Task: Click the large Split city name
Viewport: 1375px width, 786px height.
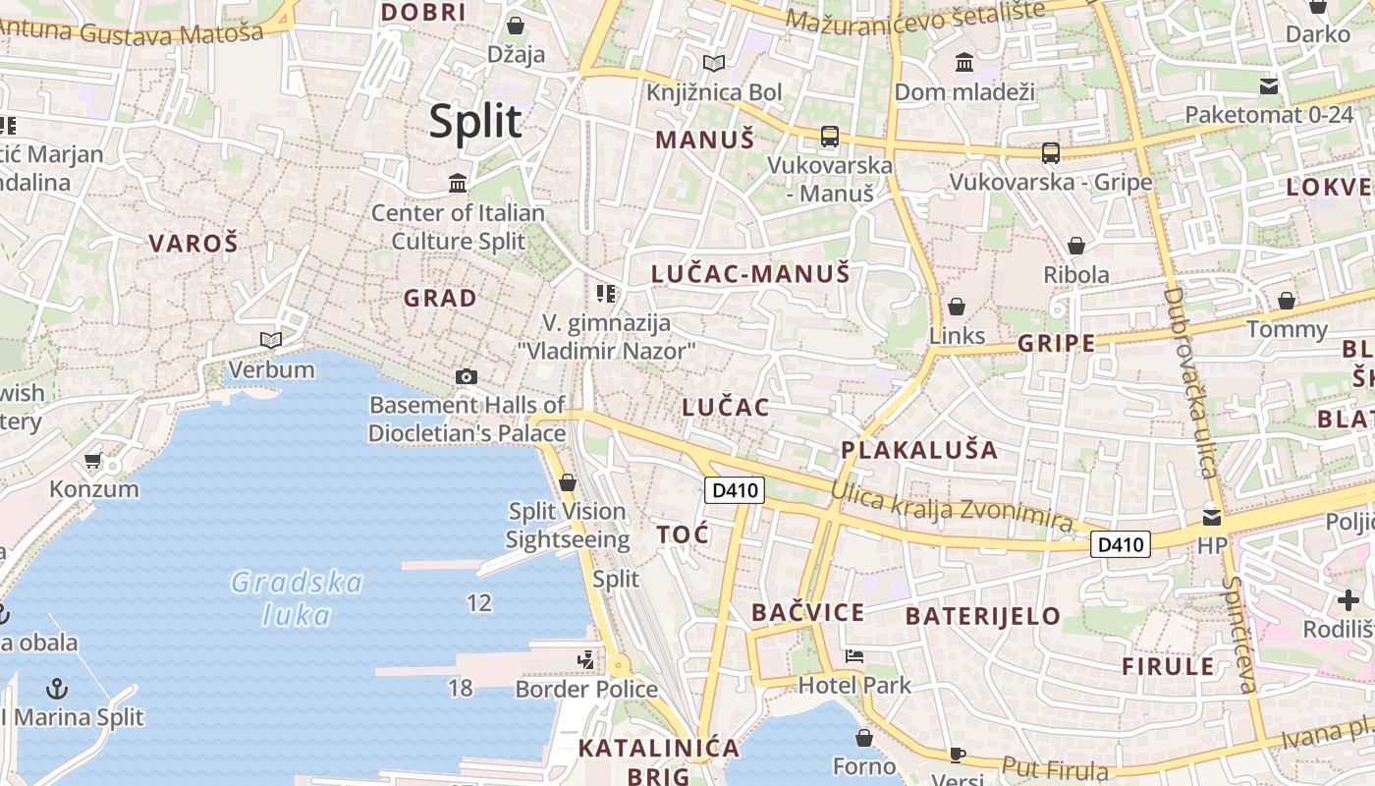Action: click(x=475, y=122)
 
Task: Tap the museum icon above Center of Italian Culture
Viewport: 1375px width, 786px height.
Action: click(x=458, y=183)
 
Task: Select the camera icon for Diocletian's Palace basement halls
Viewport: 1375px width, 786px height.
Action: click(x=467, y=376)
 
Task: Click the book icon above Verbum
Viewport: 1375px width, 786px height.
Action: click(x=271, y=340)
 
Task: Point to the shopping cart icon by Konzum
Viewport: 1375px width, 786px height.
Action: click(x=93, y=460)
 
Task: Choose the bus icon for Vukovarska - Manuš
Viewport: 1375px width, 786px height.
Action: click(x=830, y=137)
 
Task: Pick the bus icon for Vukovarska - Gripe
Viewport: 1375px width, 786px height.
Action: click(x=1051, y=152)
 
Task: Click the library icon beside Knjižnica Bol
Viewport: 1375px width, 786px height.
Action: click(x=714, y=64)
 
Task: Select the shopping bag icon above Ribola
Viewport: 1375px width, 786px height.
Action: click(x=1076, y=246)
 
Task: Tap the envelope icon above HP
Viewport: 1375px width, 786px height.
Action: click(x=1213, y=517)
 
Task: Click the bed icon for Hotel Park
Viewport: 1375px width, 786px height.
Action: click(x=854, y=656)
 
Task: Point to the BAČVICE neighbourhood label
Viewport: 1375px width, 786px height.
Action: click(x=808, y=613)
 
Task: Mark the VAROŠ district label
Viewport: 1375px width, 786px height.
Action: click(x=193, y=244)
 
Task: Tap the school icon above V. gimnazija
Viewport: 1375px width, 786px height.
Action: click(x=606, y=293)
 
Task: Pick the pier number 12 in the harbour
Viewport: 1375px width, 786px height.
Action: click(x=479, y=603)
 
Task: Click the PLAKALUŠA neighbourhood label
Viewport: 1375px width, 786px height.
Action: click(x=919, y=451)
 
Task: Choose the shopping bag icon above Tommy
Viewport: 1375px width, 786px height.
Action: click(x=1287, y=301)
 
